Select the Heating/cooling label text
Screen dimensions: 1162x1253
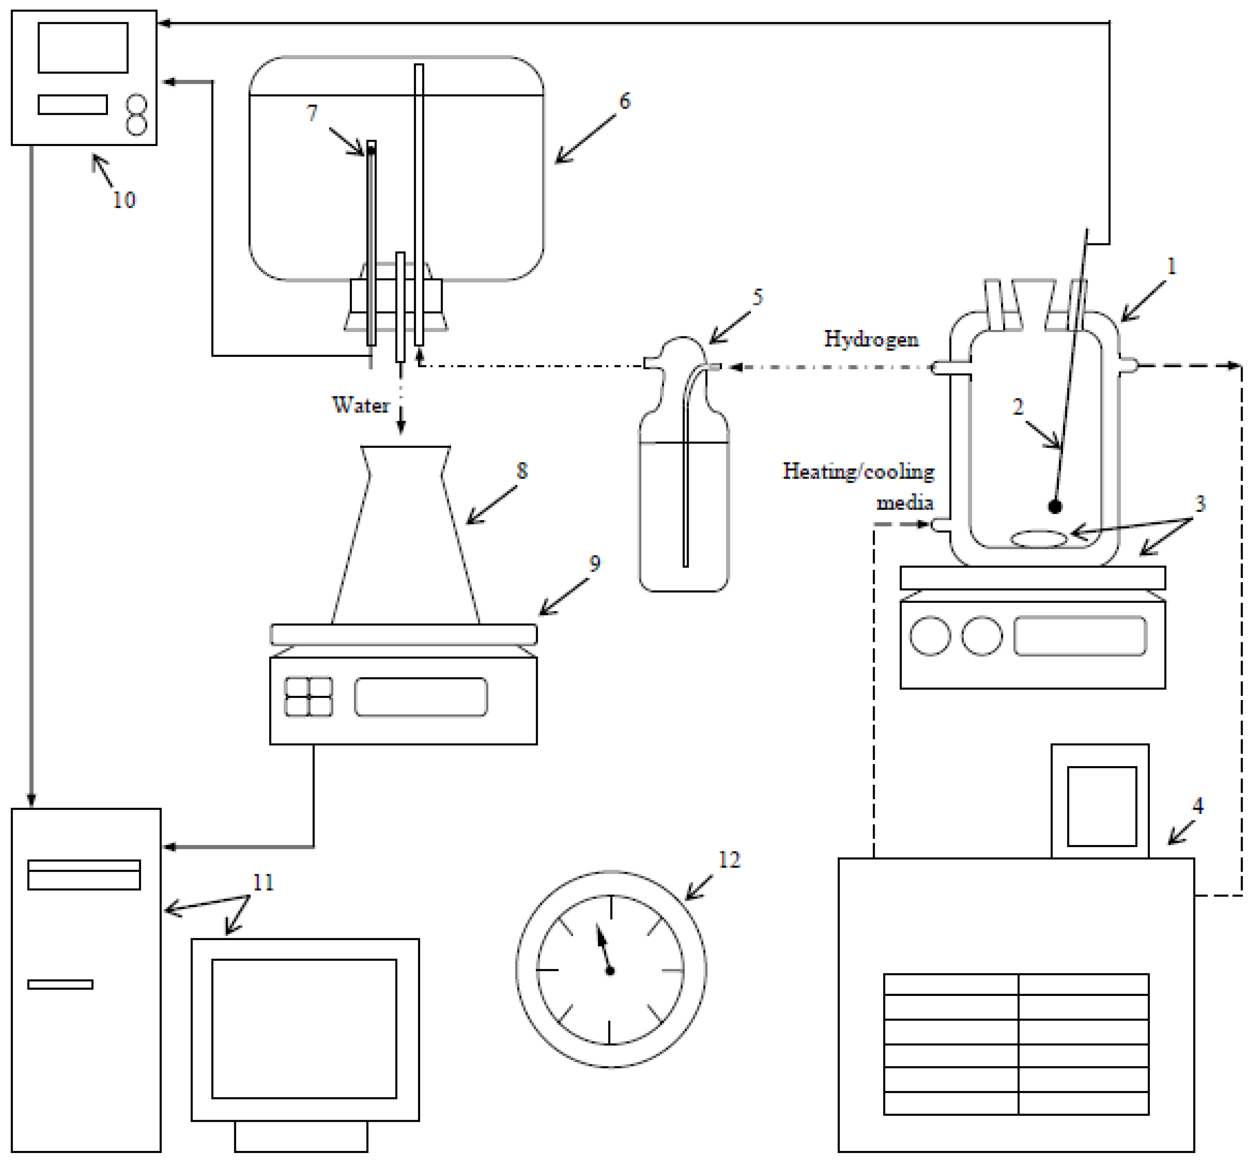(x=858, y=472)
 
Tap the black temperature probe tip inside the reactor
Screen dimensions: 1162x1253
(x=1055, y=506)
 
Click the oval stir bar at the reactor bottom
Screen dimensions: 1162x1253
(x=1038, y=538)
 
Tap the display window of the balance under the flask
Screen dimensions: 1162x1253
(x=420, y=697)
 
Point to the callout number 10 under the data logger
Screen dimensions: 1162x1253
(x=124, y=200)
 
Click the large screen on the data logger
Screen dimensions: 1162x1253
(x=83, y=48)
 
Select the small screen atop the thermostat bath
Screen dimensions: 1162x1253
(x=1101, y=806)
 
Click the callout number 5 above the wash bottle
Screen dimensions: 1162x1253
(x=757, y=297)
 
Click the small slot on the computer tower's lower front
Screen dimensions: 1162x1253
(x=60, y=984)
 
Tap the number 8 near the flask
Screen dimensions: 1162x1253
(x=522, y=471)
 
